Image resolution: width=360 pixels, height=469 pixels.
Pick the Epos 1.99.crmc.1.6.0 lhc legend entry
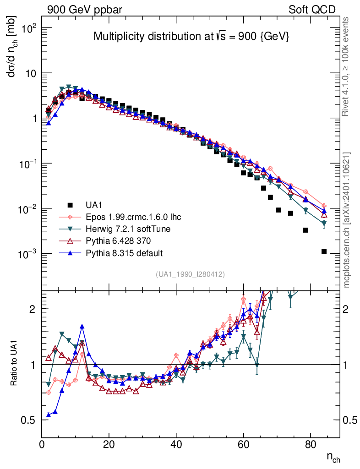pyautogui.click(x=133, y=216)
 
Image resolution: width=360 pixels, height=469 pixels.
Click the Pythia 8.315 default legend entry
pyautogui.click(x=124, y=253)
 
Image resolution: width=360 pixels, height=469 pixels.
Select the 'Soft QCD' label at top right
pyautogui.click(x=312, y=10)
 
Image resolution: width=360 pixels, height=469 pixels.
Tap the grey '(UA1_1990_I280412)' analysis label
pyautogui.click(x=190, y=274)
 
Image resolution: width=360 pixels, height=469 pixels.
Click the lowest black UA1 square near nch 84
pyautogui.click(x=324, y=251)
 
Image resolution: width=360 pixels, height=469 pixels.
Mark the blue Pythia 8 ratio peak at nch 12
pyautogui.click(x=82, y=327)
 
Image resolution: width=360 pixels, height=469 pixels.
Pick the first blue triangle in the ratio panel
pyautogui.click(x=49, y=415)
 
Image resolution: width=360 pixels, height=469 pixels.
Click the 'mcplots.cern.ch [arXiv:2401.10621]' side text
pyautogui.click(x=347, y=220)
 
